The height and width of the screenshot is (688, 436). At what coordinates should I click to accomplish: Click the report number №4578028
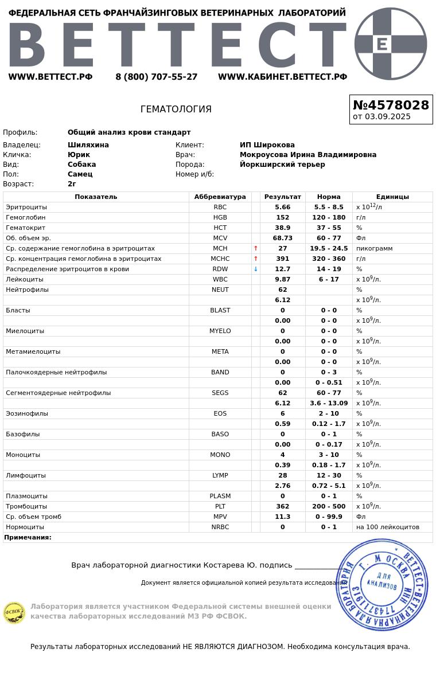[x=391, y=105]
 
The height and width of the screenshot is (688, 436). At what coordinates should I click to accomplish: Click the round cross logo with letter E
[x=391, y=44]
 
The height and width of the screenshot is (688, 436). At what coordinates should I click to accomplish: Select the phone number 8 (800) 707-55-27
[x=156, y=77]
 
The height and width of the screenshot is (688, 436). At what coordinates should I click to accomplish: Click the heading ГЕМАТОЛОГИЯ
[x=176, y=109]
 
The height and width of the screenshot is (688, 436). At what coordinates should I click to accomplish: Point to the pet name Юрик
[x=79, y=155]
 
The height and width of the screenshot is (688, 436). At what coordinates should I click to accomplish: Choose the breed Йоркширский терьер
[x=282, y=165]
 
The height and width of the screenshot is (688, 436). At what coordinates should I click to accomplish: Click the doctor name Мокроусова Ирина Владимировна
[x=308, y=155]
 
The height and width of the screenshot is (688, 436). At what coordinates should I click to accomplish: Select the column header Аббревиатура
[x=220, y=197]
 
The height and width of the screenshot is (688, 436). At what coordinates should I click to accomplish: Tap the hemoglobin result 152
[x=282, y=217]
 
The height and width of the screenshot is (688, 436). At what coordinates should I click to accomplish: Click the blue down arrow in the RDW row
[x=256, y=269]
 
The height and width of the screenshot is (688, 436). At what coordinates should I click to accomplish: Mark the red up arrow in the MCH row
[x=256, y=248]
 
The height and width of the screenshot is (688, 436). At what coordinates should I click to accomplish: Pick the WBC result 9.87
[x=282, y=279]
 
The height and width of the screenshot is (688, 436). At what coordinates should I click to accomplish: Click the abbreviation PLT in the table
[x=220, y=506]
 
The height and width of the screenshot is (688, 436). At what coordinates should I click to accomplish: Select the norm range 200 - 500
[x=329, y=506]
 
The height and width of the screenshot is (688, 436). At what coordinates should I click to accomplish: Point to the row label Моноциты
[x=23, y=455]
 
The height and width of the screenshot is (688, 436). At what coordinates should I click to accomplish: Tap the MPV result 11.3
[x=282, y=517]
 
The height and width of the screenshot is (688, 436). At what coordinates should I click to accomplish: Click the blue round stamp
[x=382, y=585]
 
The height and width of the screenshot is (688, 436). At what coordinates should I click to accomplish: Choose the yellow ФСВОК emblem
[x=14, y=612]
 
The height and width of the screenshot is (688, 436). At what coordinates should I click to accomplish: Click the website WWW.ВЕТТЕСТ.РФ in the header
[x=50, y=77]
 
